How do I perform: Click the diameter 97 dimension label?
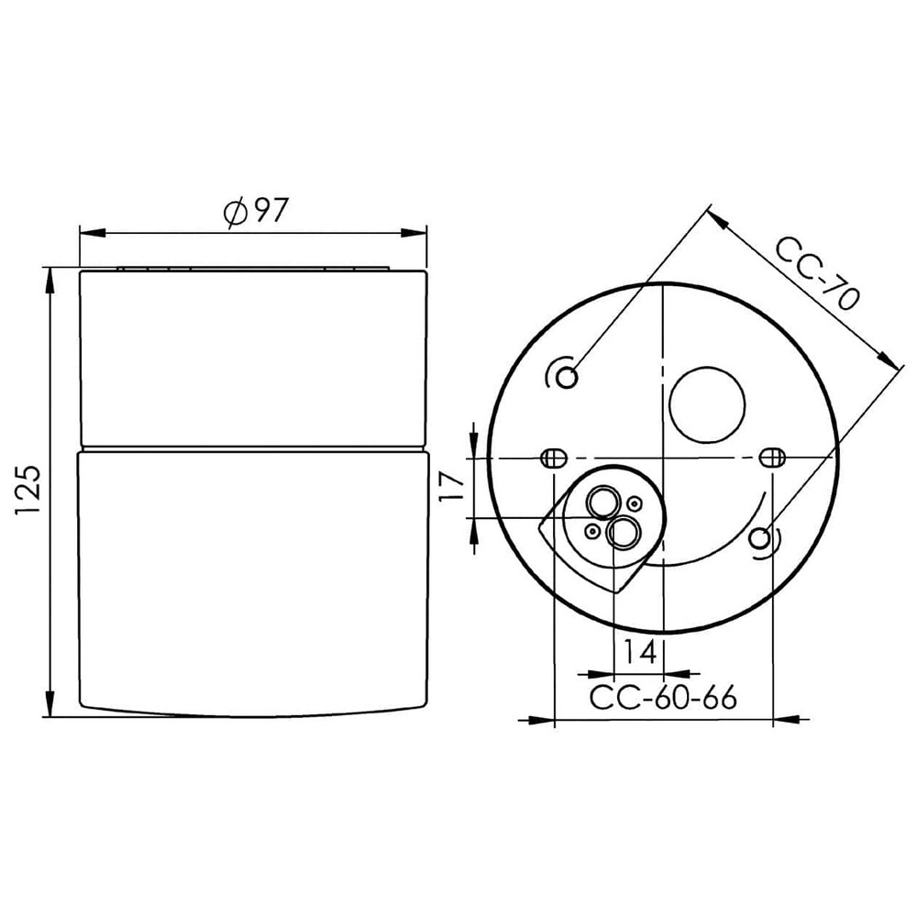(x=256, y=212)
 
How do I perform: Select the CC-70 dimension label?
(x=816, y=273)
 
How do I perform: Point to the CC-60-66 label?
(x=663, y=698)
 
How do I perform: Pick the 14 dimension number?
(x=639, y=652)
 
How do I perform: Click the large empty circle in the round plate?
(x=706, y=405)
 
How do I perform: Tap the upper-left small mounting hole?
(x=569, y=375)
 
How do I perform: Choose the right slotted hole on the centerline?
(x=773, y=457)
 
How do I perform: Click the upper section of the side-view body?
(x=254, y=358)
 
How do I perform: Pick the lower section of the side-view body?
(x=254, y=578)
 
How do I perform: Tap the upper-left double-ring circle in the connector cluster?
(x=603, y=503)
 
